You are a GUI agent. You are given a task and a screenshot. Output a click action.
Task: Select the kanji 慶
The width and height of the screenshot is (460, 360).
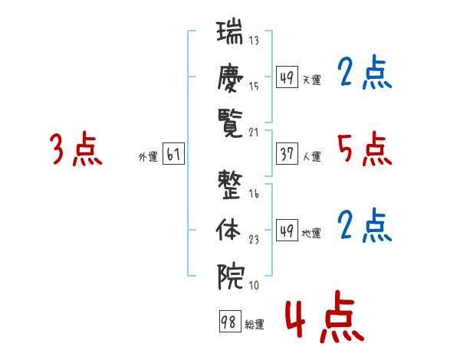(230, 77)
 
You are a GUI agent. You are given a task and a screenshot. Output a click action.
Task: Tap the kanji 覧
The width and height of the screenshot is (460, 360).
(230, 123)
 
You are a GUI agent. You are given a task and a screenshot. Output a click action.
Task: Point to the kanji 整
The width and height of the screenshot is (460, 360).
(230, 185)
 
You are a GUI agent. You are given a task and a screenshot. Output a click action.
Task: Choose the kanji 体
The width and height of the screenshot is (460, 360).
(228, 230)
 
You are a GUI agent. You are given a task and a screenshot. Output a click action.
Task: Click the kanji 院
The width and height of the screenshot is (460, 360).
(231, 277)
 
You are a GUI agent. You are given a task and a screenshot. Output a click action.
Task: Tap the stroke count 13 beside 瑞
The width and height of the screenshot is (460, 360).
(254, 40)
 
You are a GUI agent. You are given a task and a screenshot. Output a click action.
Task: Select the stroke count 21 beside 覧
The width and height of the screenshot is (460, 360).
(254, 133)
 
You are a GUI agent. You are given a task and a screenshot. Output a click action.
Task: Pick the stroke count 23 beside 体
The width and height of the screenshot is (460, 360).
(254, 240)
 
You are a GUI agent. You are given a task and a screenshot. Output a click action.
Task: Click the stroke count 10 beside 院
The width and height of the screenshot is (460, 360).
(254, 285)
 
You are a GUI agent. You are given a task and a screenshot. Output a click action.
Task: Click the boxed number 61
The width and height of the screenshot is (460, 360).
(173, 153)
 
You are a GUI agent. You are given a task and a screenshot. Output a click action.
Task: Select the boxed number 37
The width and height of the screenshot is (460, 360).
(287, 153)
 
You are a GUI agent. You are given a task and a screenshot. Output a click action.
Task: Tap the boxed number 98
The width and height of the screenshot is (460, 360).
(230, 321)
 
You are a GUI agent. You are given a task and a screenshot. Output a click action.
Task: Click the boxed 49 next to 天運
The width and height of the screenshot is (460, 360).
(287, 77)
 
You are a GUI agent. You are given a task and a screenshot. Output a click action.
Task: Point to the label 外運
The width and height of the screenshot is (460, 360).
(148, 157)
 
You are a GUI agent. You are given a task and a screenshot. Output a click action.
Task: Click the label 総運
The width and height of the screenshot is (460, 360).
(255, 325)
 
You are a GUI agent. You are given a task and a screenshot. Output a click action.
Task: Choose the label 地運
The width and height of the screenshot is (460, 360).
(311, 234)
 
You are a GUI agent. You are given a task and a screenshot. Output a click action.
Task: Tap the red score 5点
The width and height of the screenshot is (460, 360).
(365, 149)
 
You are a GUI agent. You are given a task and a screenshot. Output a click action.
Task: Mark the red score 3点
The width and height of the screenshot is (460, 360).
(76, 149)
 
